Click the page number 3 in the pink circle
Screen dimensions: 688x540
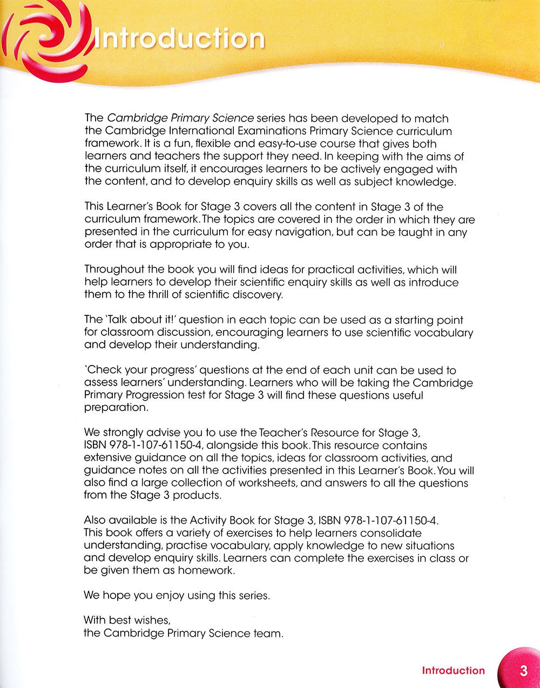[523, 671]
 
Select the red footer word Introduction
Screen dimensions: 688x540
[454, 671]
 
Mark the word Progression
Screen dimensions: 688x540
[165, 395]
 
